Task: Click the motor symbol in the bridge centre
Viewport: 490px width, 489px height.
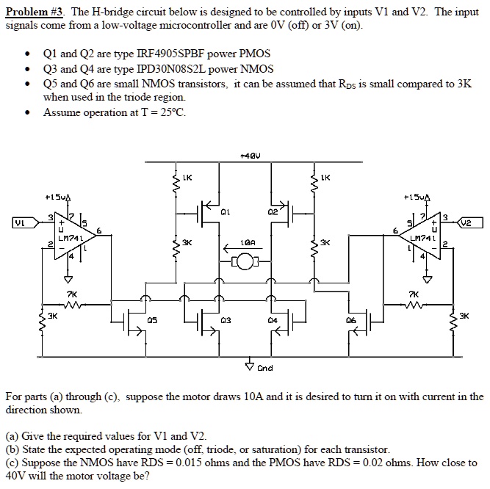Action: click(247, 259)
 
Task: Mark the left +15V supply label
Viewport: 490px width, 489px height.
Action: click(58, 198)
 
